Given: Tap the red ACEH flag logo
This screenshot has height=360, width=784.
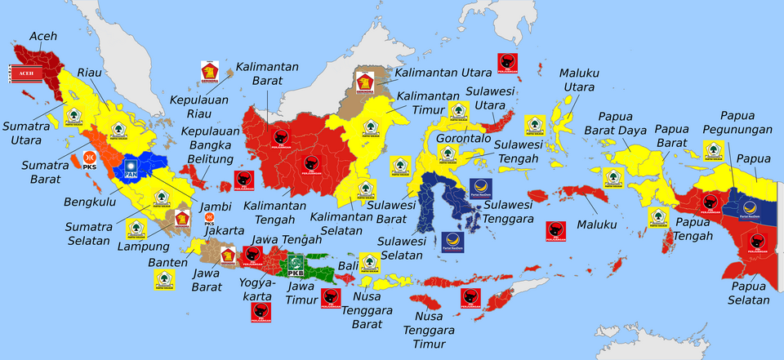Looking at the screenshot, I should [22, 75].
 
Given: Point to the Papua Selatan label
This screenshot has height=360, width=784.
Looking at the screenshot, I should [749, 293].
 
